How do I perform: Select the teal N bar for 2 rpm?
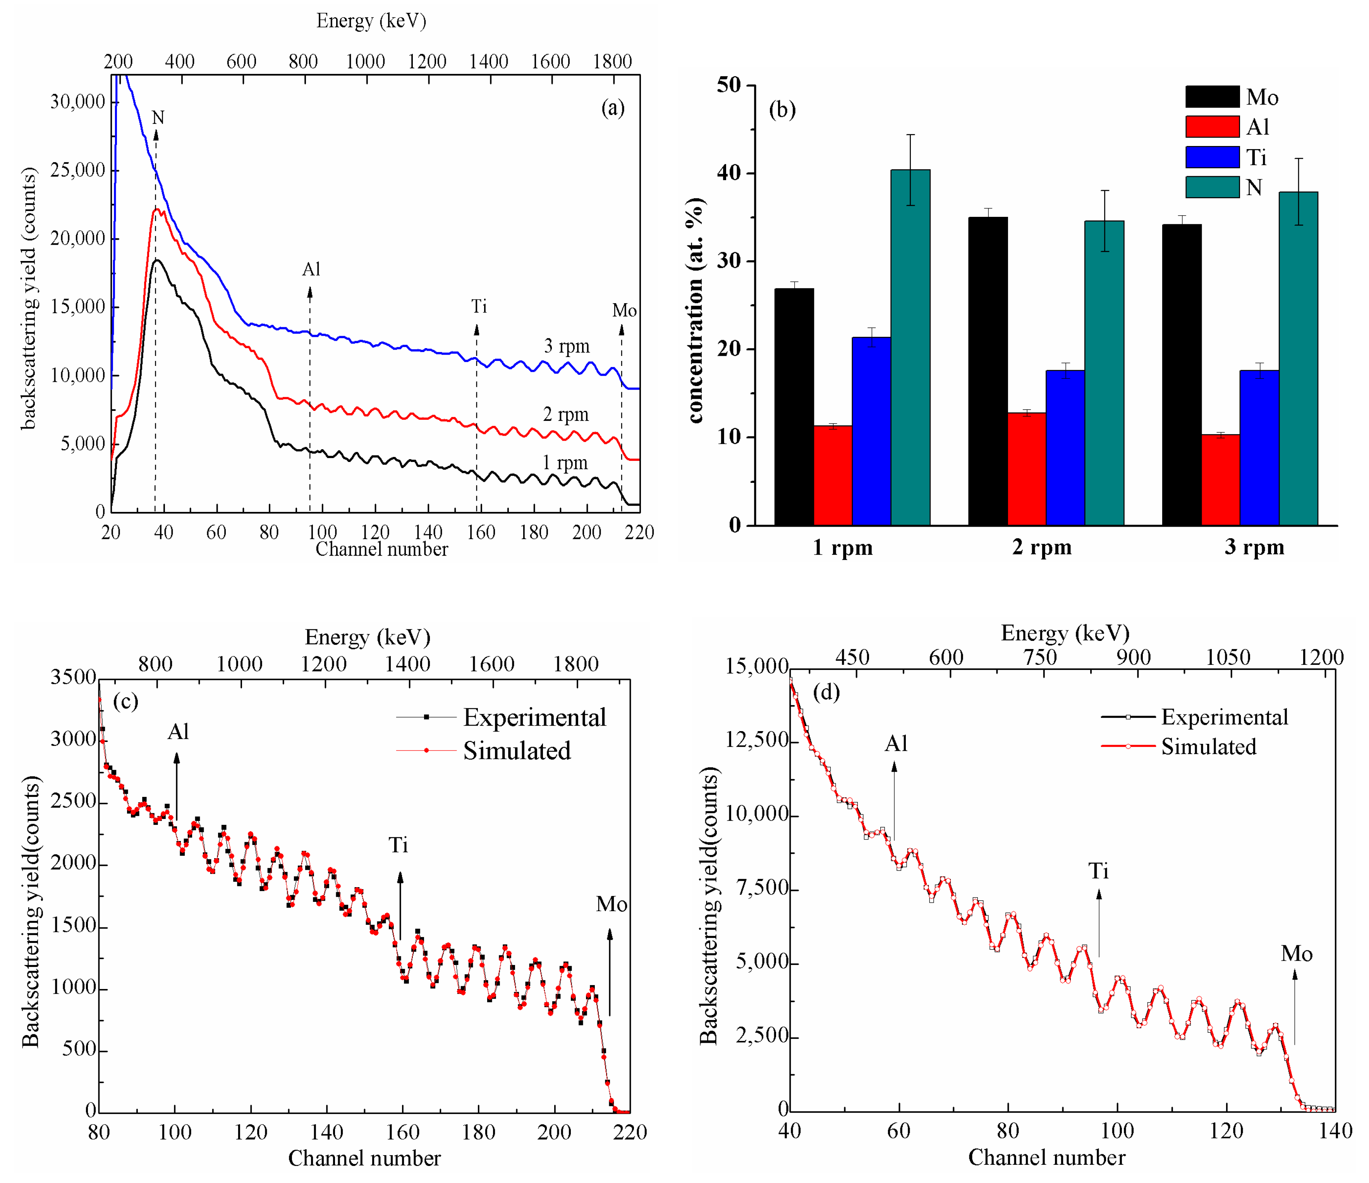click(1104, 373)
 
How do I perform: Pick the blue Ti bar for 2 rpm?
click(1065, 448)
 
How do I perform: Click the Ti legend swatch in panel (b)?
click(1212, 157)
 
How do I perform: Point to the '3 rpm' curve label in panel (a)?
click(566, 346)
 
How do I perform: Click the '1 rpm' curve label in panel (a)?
click(565, 462)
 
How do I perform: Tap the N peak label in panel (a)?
click(157, 118)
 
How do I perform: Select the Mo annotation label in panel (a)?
click(624, 311)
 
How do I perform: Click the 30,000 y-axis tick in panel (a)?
click(77, 102)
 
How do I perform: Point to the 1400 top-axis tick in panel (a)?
click(488, 62)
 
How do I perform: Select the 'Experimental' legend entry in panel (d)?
click(1224, 717)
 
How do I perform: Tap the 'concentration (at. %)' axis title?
click(695, 311)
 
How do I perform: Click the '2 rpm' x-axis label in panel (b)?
click(1041, 547)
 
